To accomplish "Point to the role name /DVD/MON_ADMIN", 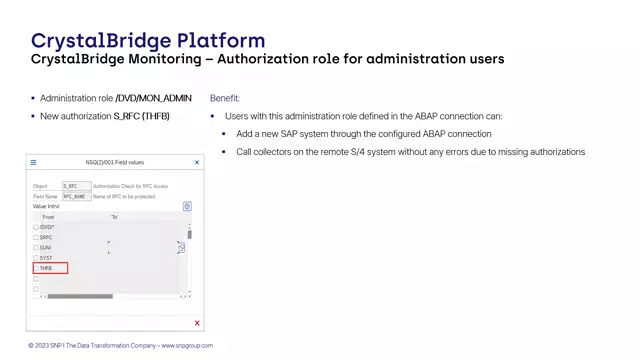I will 154,98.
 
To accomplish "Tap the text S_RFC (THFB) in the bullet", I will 141,117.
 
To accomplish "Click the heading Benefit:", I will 225,98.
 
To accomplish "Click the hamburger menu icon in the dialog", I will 33,162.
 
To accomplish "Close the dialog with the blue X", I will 196,162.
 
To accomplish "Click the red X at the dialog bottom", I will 197,323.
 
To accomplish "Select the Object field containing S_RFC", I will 76,186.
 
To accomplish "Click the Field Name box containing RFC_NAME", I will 76,196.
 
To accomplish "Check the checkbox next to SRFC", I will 36,237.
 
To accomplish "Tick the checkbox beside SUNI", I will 36,247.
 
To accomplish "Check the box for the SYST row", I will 36,258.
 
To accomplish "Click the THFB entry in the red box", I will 46,268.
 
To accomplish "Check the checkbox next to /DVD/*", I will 36,227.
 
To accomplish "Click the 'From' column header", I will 49,216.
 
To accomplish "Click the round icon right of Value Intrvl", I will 187,206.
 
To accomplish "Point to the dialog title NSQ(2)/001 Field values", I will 115,162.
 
